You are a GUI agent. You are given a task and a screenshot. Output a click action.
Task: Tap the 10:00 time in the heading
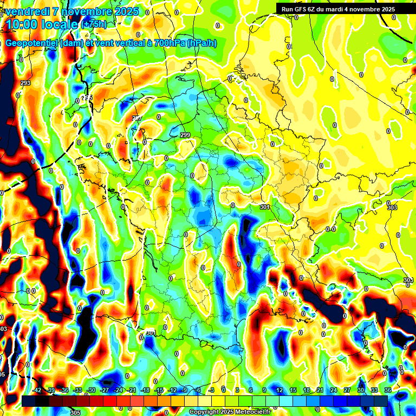coord(21,24)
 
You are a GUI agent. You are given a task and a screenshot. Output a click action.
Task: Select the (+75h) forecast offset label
coord(94,25)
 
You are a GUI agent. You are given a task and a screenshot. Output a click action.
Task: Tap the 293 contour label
coord(25,83)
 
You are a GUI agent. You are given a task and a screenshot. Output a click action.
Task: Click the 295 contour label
coord(87,97)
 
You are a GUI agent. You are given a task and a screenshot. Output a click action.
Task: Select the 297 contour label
coord(136,118)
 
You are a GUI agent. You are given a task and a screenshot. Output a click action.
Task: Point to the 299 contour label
coord(185,135)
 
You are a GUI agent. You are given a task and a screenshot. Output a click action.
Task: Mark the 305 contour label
coord(75,412)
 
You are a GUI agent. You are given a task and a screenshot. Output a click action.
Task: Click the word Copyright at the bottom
coord(205,412)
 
